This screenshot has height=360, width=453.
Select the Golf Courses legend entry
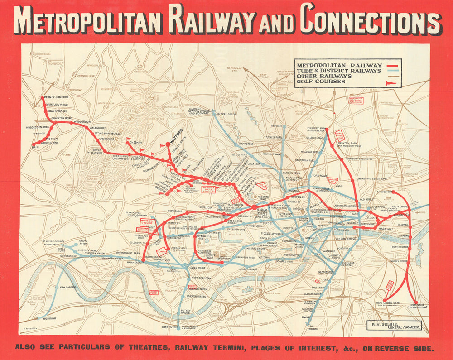point(320,82)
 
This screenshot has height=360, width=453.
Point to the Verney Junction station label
point(57,97)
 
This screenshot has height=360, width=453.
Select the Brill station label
point(36,147)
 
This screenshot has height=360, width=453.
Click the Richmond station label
point(49,318)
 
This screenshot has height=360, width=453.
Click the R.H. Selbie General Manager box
point(395,325)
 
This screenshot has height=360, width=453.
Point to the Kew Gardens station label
point(68,287)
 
